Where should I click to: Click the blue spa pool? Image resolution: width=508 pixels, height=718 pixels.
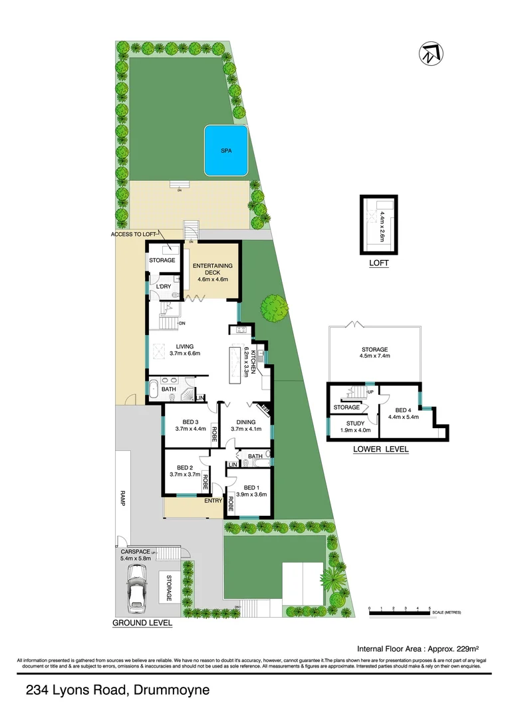227,151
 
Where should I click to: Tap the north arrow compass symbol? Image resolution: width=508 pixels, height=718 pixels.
431,53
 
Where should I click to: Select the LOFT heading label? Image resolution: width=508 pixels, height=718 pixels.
378,263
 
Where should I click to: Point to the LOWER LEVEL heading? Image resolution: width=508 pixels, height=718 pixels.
381,449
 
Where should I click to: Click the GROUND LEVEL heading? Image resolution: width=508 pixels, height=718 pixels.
142,623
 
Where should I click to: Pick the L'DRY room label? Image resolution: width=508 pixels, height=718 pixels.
164,287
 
